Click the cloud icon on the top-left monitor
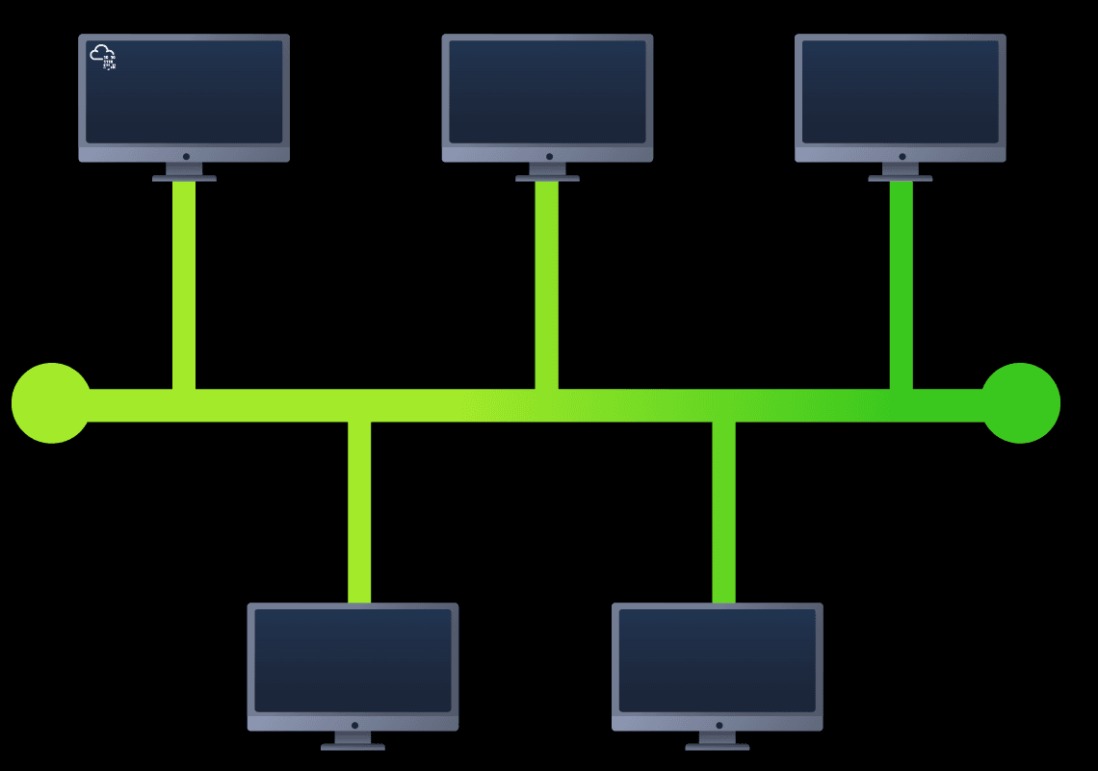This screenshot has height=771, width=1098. pyautogui.click(x=103, y=57)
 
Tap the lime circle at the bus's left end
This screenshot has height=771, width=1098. pyautogui.click(x=51, y=403)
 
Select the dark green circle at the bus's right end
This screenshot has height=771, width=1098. pyautogui.click(x=1020, y=403)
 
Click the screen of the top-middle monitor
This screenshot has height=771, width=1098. pyautogui.click(x=547, y=91)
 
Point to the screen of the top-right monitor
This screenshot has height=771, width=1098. pyautogui.click(x=901, y=91)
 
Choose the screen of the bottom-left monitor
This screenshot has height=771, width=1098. pyautogui.click(x=353, y=660)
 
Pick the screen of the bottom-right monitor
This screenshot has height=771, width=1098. pyautogui.click(x=718, y=660)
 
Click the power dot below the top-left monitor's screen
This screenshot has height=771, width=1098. pyautogui.click(x=186, y=156)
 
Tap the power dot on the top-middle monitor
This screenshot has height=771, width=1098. pyautogui.click(x=549, y=156)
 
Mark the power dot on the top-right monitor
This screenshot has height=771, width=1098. pyautogui.click(x=902, y=156)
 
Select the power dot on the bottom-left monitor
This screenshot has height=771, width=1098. pyautogui.click(x=354, y=725)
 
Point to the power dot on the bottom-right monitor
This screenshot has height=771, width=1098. pyautogui.click(x=719, y=725)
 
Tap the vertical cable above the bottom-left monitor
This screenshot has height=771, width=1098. pyautogui.click(x=359, y=510)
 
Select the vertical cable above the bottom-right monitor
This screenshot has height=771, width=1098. pyautogui.click(x=723, y=510)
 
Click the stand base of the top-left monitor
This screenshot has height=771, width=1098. pyautogui.click(x=184, y=178)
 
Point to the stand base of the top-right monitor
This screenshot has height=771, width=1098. pyautogui.click(x=901, y=178)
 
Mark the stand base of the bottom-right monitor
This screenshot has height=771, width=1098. pyautogui.click(x=718, y=746)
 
